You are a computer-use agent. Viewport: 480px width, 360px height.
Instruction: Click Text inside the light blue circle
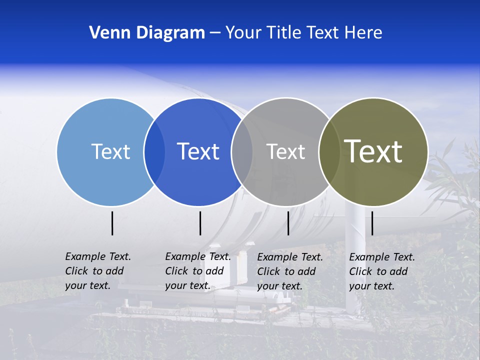tap(110, 151)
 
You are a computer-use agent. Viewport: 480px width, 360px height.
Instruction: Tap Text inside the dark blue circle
tap(198, 151)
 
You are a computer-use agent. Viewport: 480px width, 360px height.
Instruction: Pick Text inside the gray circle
tap(285, 151)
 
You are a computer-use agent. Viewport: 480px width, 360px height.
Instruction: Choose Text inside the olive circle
tap(373, 151)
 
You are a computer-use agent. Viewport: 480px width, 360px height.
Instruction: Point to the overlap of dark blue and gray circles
tap(241, 151)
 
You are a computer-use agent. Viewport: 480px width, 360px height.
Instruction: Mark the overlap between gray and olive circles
tap(329, 151)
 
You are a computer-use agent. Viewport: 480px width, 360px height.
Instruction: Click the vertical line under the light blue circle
tap(112, 223)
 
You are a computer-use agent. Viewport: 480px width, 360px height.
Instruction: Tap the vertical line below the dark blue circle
tap(200, 223)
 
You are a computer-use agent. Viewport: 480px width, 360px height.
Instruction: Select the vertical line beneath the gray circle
tap(288, 223)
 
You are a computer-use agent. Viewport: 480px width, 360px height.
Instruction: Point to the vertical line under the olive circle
tap(372, 223)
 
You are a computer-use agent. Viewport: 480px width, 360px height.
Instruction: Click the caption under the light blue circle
tap(98, 271)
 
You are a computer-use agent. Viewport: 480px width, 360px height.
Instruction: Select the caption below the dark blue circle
tap(198, 271)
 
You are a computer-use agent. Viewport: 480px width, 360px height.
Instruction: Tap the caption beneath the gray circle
tap(290, 271)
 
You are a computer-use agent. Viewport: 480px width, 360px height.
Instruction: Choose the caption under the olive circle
tap(382, 271)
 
